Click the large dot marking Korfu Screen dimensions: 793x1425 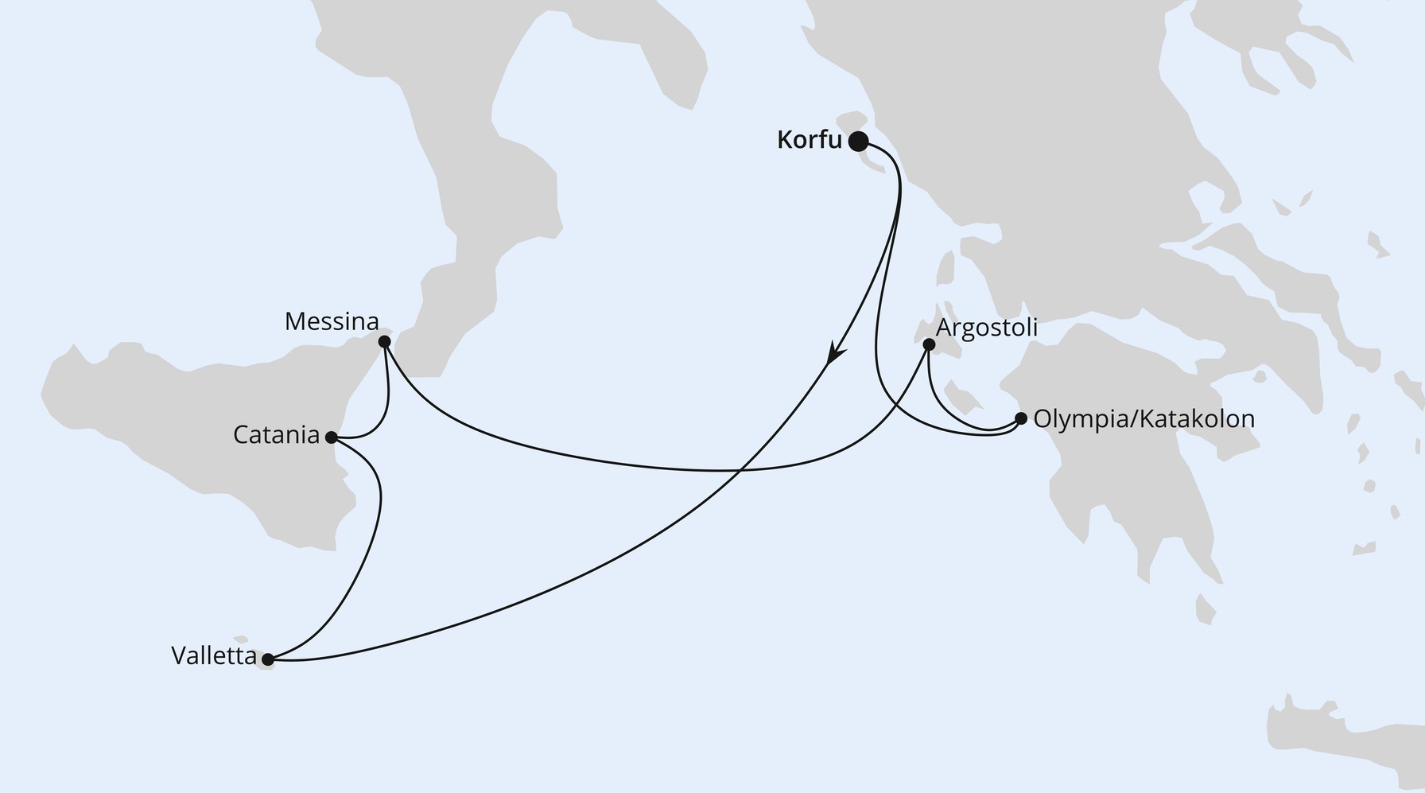[x=858, y=142]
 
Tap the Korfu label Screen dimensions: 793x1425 [x=809, y=140]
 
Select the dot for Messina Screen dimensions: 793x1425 [x=384, y=342]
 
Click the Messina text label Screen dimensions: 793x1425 [x=332, y=322]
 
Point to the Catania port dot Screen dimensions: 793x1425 [x=332, y=437]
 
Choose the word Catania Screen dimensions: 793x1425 [x=276, y=435]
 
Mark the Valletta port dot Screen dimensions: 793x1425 [x=268, y=659]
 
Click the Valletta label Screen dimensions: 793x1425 [x=214, y=656]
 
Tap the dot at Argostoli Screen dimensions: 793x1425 [x=928, y=344]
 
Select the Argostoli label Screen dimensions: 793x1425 [x=987, y=328]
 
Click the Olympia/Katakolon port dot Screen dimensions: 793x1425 [x=1021, y=418]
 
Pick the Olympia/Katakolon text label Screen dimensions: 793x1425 [x=1143, y=419]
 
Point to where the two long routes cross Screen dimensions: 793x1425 [x=740, y=471]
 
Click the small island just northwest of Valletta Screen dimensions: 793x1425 [x=240, y=638]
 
